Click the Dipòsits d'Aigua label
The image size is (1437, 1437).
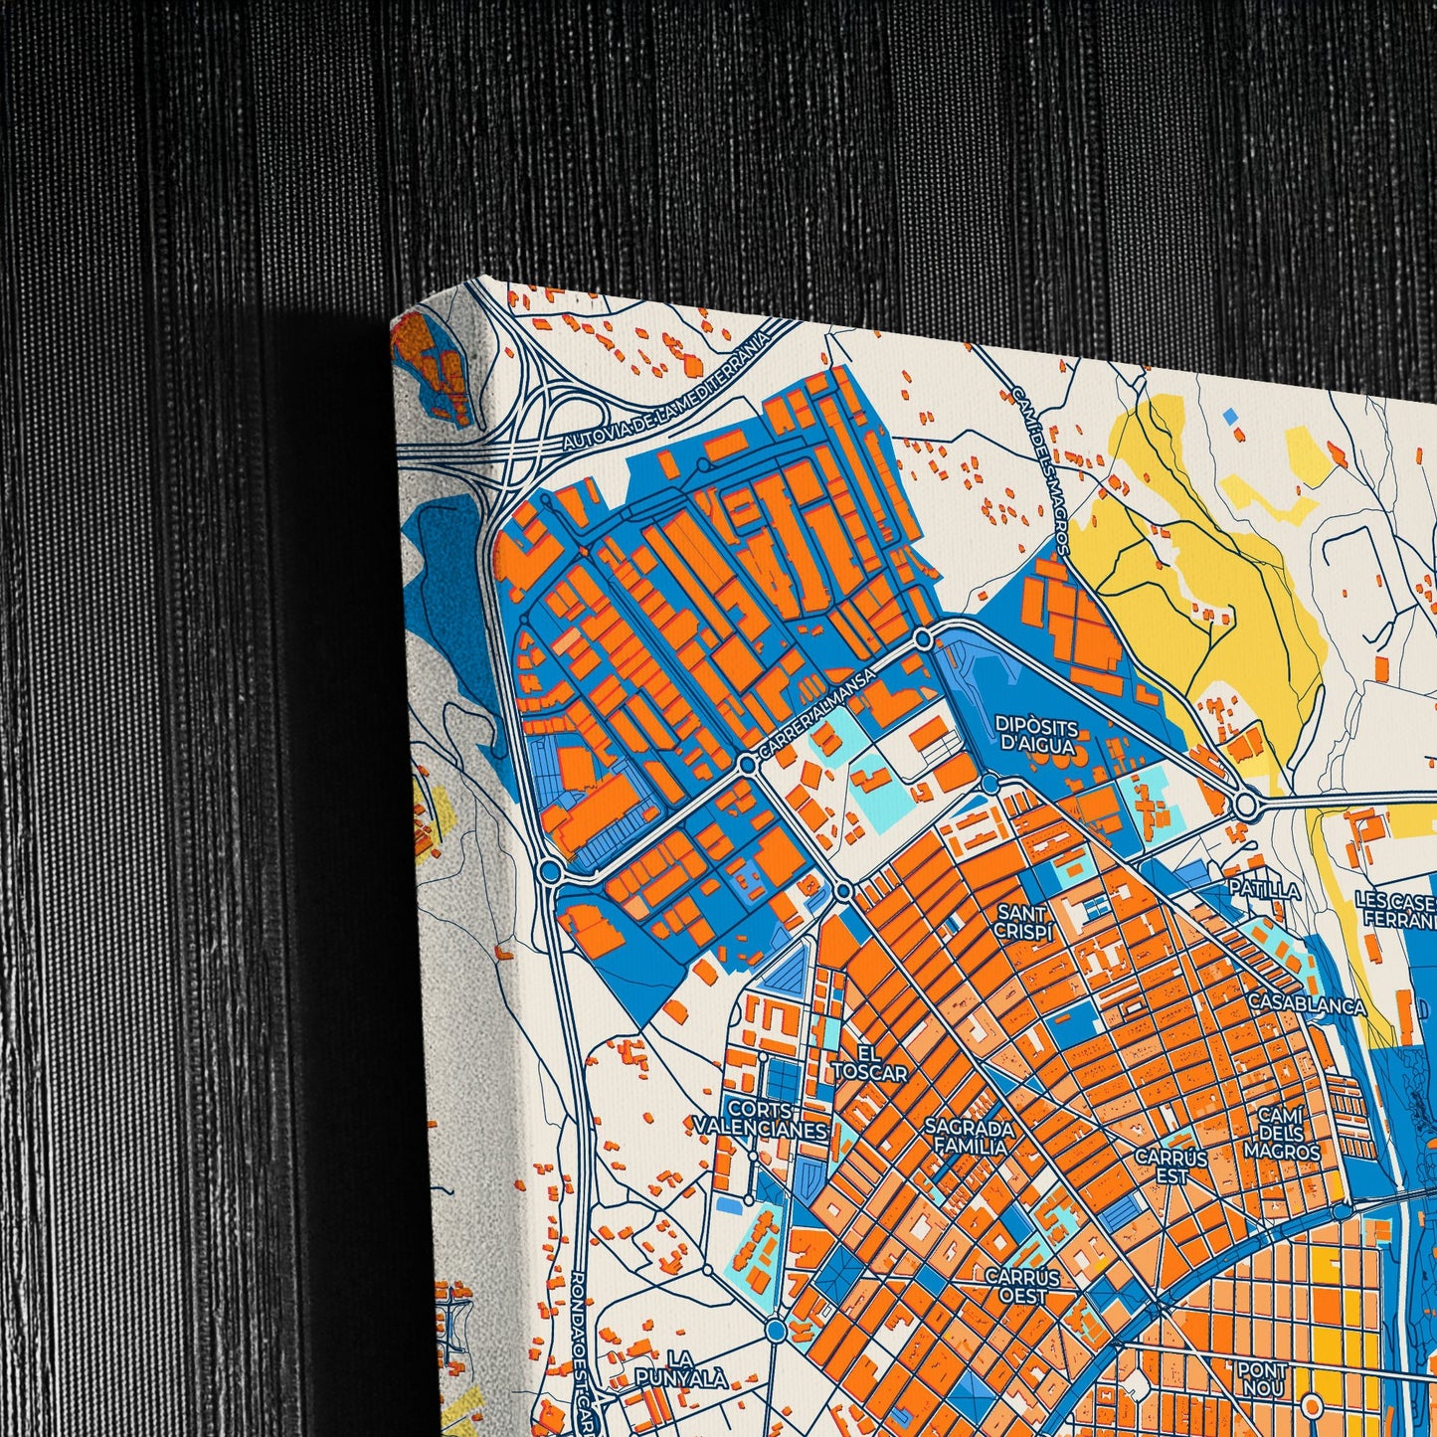click(1035, 734)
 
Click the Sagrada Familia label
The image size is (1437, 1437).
click(970, 1137)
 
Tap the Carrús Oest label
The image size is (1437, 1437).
click(1022, 1285)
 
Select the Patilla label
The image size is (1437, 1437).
click(1264, 890)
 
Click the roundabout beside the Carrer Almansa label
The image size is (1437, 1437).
click(747, 764)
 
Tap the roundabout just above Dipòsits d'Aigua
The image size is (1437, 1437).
click(923, 638)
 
